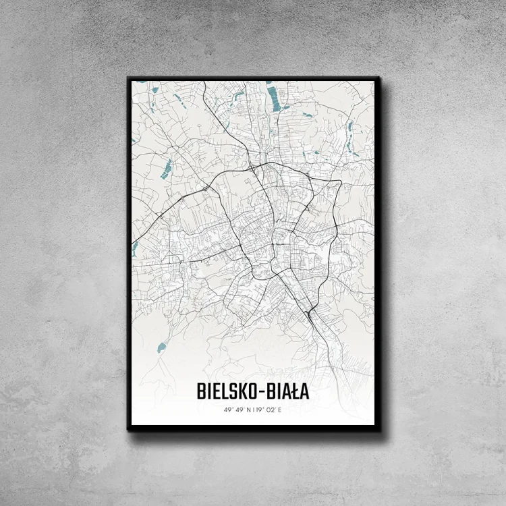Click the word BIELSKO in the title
[x=225, y=391]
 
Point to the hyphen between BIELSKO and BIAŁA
[x=258, y=392]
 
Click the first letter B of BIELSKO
[x=201, y=391]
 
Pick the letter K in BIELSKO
[x=237, y=391]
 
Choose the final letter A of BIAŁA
[x=304, y=391]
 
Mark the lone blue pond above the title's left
[x=161, y=348]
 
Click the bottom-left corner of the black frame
[x=128, y=429]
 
